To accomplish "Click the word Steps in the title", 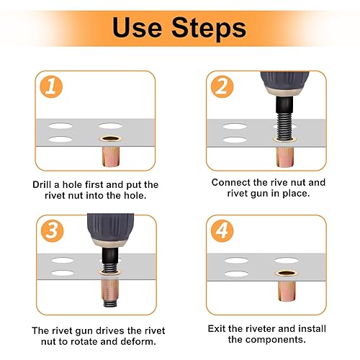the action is [209, 29].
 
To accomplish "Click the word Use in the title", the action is [137, 27].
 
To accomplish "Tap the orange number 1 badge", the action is [51, 86].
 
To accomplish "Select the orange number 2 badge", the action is [222, 86].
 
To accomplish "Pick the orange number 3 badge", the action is [52, 230].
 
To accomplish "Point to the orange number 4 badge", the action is [222, 230].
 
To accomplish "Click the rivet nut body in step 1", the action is [111, 156].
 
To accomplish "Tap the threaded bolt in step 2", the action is [284, 125].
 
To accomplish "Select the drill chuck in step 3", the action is [110, 231].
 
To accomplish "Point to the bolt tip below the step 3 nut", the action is [110, 303].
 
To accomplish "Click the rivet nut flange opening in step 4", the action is [287, 273].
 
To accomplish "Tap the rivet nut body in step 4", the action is [287, 291].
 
